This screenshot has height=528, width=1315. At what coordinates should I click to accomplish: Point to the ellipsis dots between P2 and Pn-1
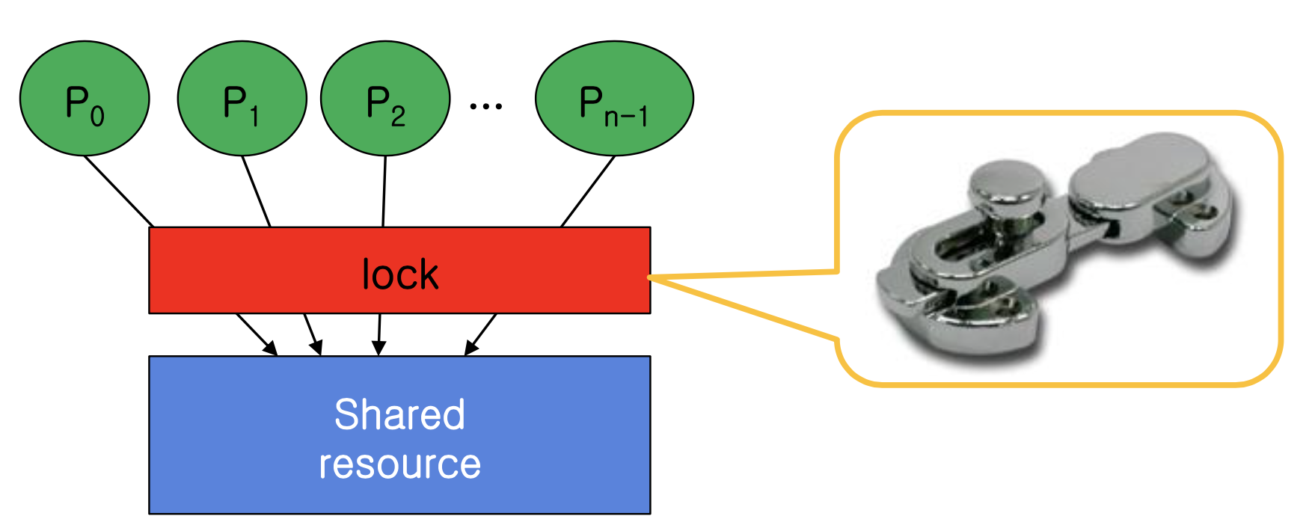485,106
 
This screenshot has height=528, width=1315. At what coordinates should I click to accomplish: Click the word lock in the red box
399,274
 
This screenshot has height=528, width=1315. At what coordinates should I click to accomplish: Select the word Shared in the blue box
399,414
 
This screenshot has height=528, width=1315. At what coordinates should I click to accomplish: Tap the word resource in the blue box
399,464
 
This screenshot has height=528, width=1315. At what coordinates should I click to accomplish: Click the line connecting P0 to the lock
118,191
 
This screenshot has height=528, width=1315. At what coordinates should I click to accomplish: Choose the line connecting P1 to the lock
256,191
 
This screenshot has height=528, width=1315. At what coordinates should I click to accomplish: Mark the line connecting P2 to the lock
384,191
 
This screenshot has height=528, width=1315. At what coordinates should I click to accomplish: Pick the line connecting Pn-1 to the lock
588,191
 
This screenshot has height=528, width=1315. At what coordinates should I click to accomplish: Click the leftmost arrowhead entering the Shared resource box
270,348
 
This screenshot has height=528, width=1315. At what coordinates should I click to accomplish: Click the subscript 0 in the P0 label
97,116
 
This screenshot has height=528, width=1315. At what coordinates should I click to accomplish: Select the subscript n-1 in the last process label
625,117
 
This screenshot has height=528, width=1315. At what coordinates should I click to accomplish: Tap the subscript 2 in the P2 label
398,116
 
